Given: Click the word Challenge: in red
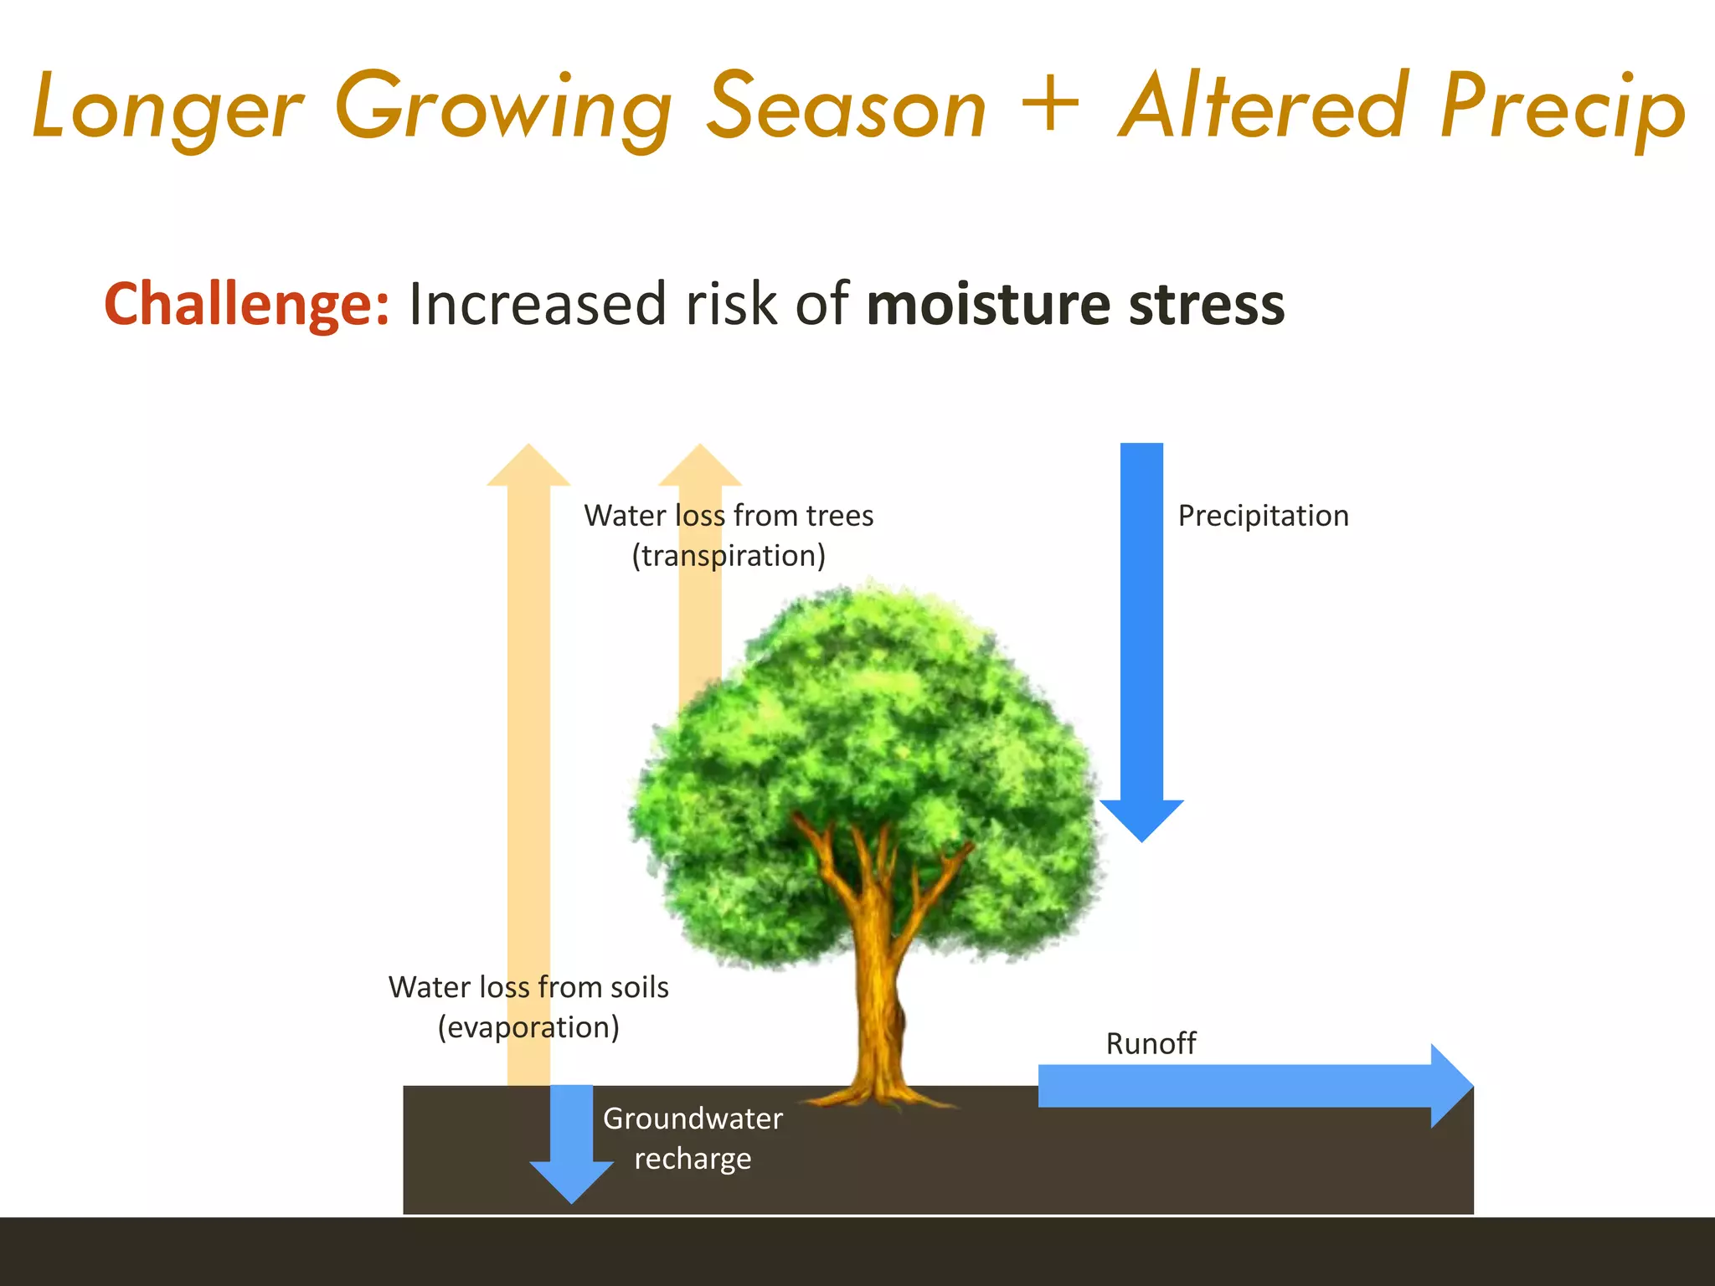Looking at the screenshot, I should click(246, 304).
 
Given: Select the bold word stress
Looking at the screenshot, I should click(1206, 304).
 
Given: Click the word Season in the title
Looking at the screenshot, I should click(847, 107).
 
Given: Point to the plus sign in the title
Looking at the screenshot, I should click(1050, 104).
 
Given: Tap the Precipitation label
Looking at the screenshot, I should click(1263, 516).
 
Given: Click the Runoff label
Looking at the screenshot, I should click(1151, 1043).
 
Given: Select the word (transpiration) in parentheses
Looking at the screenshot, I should click(729, 556).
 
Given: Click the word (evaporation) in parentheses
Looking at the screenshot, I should click(528, 1027).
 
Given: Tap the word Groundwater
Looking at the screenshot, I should click(693, 1119).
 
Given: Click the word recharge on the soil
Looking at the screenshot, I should click(693, 1159).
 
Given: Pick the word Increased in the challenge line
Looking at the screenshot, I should click(538, 304).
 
